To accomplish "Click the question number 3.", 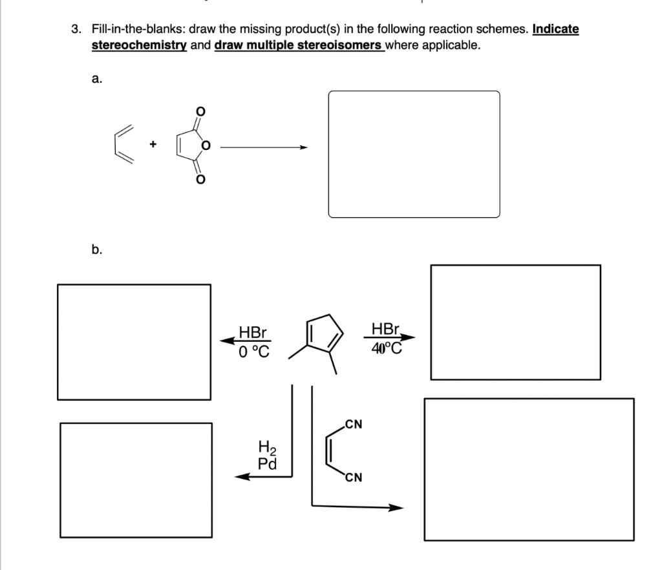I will click(x=76, y=30).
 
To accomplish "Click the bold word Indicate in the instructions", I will click(x=555, y=30).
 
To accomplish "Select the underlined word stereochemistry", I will click(x=139, y=46).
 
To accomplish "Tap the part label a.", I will click(x=96, y=79).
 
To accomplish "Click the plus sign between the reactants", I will click(x=154, y=147).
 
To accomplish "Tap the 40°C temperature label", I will click(x=387, y=349).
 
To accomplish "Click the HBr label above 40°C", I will click(x=385, y=330).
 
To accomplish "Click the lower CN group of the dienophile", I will click(x=353, y=479).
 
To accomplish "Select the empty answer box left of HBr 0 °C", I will click(x=134, y=342).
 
